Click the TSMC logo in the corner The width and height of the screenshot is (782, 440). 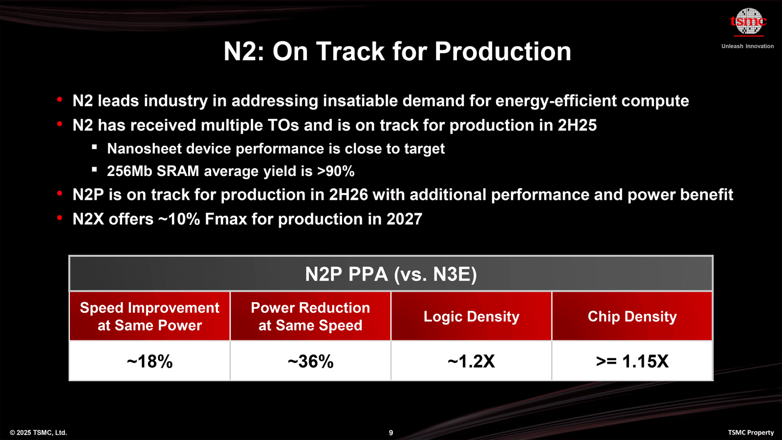[x=748, y=22]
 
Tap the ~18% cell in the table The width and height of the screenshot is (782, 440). [x=150, y=361]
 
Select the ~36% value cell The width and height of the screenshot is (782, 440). [x=310, y=361]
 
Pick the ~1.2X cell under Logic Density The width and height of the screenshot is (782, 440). [x=471, y=361]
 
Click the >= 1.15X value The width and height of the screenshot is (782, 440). [x=632, y=361]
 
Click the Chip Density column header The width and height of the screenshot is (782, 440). [x=632, y=316]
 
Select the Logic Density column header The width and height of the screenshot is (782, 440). [x=471, y=316]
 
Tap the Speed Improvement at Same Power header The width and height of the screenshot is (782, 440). [x=150, y=316]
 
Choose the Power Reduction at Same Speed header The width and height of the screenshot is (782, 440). [x=310, y=316]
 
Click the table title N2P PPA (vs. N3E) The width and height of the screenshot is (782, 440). [x=391, y=274]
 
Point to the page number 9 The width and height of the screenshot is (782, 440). [x=391, y=433]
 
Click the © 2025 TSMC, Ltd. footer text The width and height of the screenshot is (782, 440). [x=38, y=433]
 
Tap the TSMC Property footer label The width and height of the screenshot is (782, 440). [x=751, y=433]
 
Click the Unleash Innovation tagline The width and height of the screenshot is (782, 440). [x=747, y=46]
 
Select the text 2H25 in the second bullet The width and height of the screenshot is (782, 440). [x=577, y=125]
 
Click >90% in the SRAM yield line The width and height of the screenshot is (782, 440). [x=335, y=171]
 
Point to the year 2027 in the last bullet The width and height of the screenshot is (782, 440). [x=404, y=219]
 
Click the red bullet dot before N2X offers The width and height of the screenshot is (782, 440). [x=60, y=218]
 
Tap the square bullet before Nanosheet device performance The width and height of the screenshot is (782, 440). [x=94, y=147]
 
